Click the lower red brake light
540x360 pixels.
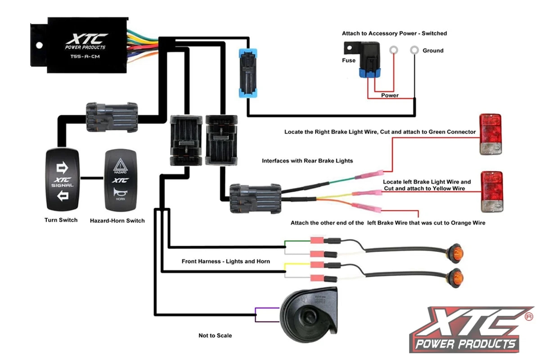[x=491, y=191]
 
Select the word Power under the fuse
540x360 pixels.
[x=390, y=95]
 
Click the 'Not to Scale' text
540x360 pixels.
[x=215, y=336]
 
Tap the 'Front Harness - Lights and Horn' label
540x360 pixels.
[x=225, y=261]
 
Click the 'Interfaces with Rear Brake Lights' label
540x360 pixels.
[x=307, y=161]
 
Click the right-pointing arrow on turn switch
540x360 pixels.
[x=62, y=168]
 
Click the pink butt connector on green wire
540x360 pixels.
[x=369, y=175]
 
